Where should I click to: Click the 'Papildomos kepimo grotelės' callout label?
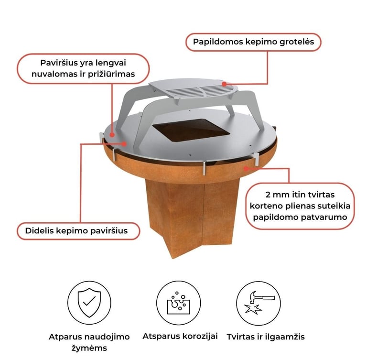(x=253, y=42)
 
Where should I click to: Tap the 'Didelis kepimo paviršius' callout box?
(x=78, y=231)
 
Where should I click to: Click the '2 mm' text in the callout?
(x=277, y=195)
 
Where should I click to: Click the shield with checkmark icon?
(x=89, y=303)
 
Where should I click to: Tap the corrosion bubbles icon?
(x=178, y=303)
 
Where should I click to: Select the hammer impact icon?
(x=259, y=303)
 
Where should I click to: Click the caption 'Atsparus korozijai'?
(x=180, y=337)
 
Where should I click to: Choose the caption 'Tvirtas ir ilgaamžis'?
(x=266, y=337)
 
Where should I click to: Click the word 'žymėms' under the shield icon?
(x=89, y=348)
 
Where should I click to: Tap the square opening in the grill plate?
(x=191, y=130)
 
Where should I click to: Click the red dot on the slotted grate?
(x=224, y=84)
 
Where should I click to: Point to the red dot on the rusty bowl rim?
(x=246, y=168)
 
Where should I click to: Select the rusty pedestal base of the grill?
(x=193, y=218)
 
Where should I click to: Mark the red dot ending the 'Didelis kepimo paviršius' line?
(x=124, y=144)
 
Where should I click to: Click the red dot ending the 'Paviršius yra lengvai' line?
(x=112, y=135)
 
